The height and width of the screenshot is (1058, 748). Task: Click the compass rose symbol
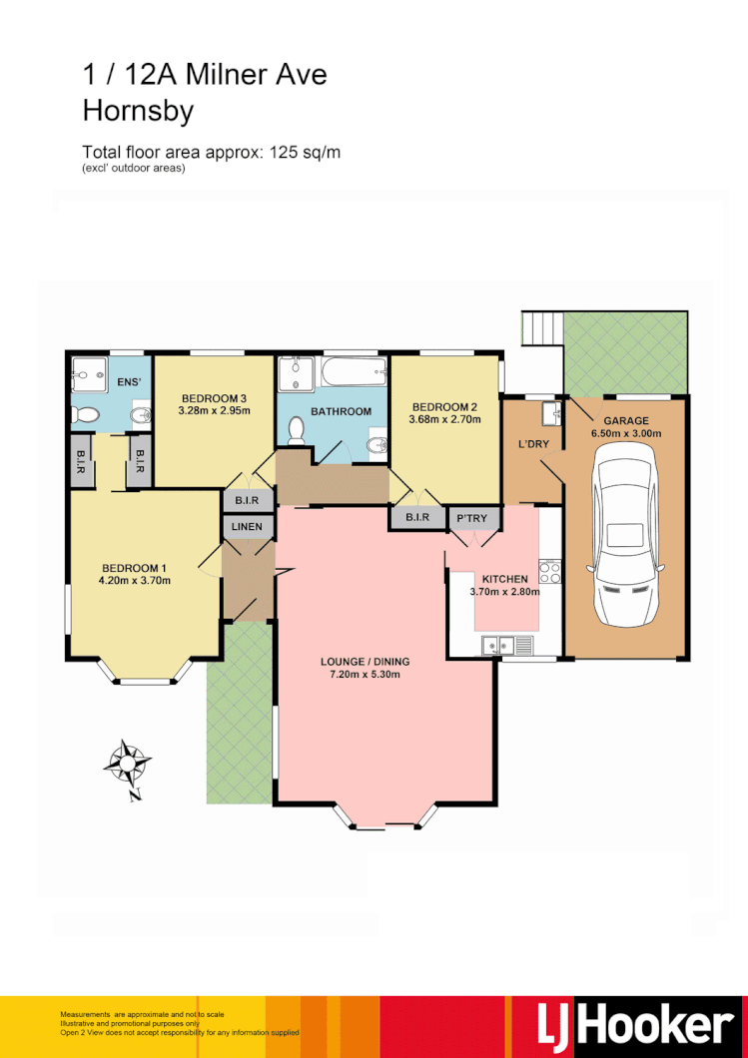click(127, 766)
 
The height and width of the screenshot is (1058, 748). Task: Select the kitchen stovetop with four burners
click(549, 572)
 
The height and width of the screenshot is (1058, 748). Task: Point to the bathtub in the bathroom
click(353, 376)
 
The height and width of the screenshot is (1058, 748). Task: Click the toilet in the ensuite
click(85, 414)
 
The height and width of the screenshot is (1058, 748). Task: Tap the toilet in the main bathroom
click(296, 429)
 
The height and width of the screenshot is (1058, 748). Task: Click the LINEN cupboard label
click(247, 526)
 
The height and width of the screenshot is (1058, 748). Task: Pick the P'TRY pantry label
click(471, 517)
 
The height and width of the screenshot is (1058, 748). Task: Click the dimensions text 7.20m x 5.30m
click(365, 674)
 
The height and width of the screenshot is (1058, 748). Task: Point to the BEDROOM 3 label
click(212, 398)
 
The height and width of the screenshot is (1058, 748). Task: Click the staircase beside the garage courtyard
click(541, 327)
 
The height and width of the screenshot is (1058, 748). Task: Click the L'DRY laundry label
click(532, 444)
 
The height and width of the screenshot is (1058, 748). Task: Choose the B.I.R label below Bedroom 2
click(417, 517)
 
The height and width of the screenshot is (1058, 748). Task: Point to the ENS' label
click(130, 381)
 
